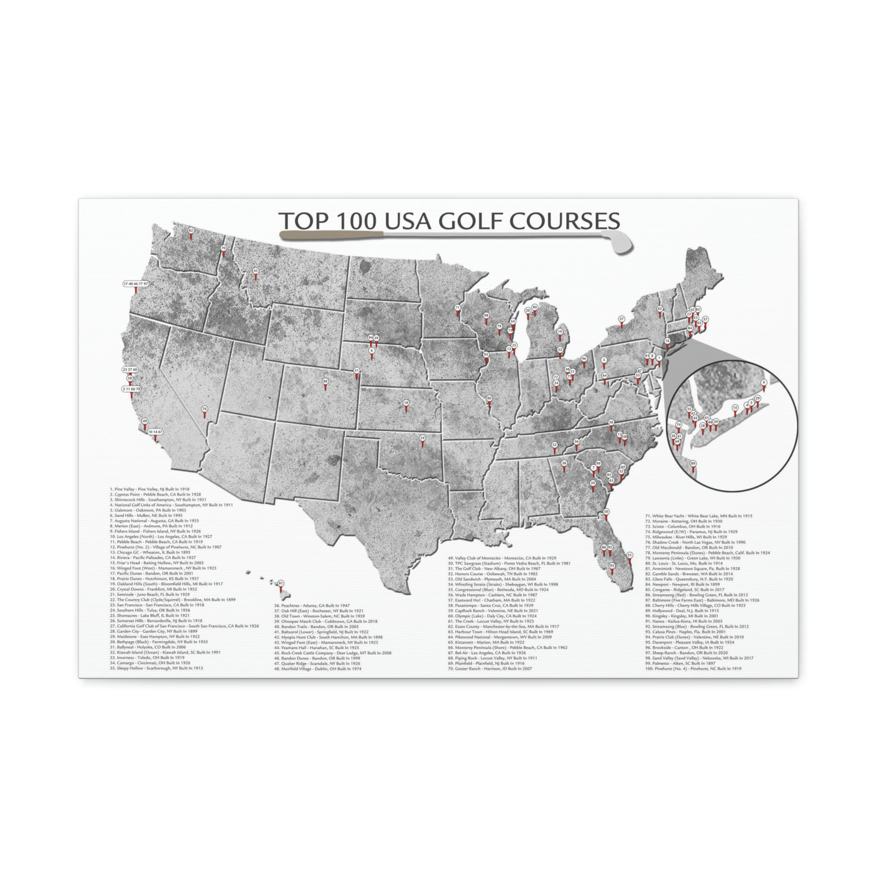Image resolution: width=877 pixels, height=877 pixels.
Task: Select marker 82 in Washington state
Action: [x=191, y=231]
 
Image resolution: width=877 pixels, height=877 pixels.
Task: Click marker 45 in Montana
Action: [x=255, y=271]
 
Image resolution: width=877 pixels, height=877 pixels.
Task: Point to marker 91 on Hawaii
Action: [x=280, y=583]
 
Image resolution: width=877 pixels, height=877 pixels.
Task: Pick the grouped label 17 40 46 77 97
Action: [x=136, y=284]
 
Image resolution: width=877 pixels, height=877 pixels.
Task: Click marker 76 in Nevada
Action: [x=204, y=409]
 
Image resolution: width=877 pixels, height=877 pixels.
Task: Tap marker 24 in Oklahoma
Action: [x=422, y=438]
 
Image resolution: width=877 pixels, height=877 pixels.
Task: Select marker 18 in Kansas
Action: [x=406, y=403]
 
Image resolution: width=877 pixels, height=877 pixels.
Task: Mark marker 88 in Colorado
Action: [x=325, y=382]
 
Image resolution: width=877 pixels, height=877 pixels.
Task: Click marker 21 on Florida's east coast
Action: [x=629, y=555]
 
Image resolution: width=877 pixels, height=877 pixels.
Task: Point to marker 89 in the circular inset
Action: [x=693, y=463]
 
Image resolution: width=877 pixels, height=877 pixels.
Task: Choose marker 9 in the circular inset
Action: [x=764, y=383]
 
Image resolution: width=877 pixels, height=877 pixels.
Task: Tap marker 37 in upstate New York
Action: [x=621, y=319]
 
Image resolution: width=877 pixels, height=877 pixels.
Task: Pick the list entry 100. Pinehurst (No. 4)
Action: [x=693, y=668]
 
